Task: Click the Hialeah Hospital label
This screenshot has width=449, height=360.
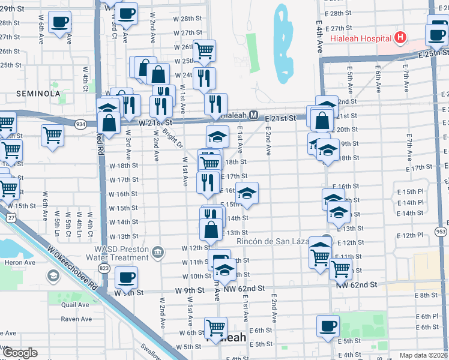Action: [361, 38]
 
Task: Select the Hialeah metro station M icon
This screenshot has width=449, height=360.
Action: [253, 115]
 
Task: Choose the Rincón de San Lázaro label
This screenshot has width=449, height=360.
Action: [276, 241]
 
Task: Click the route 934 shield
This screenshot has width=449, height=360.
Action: [80, 124]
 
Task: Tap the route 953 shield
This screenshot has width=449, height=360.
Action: [441, 231]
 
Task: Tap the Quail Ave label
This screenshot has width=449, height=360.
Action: [76, 304]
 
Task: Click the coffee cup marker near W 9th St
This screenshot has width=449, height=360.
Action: [126, 278]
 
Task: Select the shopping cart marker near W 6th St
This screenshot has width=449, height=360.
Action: [215, 328]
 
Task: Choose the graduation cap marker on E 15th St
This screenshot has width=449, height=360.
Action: [246, 194]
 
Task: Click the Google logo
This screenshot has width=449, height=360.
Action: [20, 353]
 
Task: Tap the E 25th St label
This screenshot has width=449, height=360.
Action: [434, 53]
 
